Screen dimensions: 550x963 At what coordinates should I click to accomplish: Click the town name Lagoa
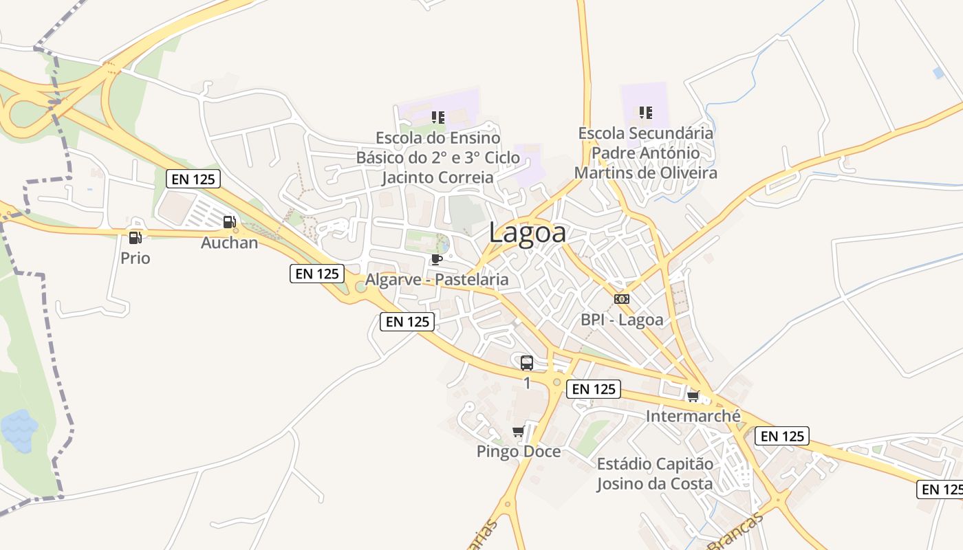[528, 232]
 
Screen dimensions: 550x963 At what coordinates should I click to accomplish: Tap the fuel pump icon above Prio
[135, 238]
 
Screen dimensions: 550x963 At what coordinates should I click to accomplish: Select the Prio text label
[135, 258]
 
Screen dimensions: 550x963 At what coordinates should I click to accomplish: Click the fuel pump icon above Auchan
[229, 221]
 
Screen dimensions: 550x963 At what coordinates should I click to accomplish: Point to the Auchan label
[229, 243]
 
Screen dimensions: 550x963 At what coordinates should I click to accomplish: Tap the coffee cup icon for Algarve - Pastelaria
[436, 259]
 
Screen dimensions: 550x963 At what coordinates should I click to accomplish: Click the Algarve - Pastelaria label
[436, 280]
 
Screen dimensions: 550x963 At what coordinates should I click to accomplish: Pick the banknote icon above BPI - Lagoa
[621, 299]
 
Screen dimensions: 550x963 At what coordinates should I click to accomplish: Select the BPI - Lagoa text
[622, 320]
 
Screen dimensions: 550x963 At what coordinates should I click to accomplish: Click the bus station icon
[527, 363]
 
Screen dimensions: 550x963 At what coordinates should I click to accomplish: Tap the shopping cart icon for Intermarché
[693, 396]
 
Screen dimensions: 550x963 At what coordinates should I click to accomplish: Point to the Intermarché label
[693, 417]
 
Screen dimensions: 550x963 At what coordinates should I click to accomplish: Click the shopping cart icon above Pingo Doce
[519, 431]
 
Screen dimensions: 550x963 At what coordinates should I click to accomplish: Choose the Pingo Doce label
[519, 452]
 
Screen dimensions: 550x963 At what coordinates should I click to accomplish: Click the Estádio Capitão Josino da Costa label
[654, 474]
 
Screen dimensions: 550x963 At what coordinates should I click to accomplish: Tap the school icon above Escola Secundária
[645, 112]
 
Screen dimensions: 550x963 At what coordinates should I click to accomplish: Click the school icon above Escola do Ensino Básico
[437, 117]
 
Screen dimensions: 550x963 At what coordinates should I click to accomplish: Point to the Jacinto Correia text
[437, 177]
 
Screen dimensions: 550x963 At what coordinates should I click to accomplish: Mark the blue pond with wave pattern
[19, 430]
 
